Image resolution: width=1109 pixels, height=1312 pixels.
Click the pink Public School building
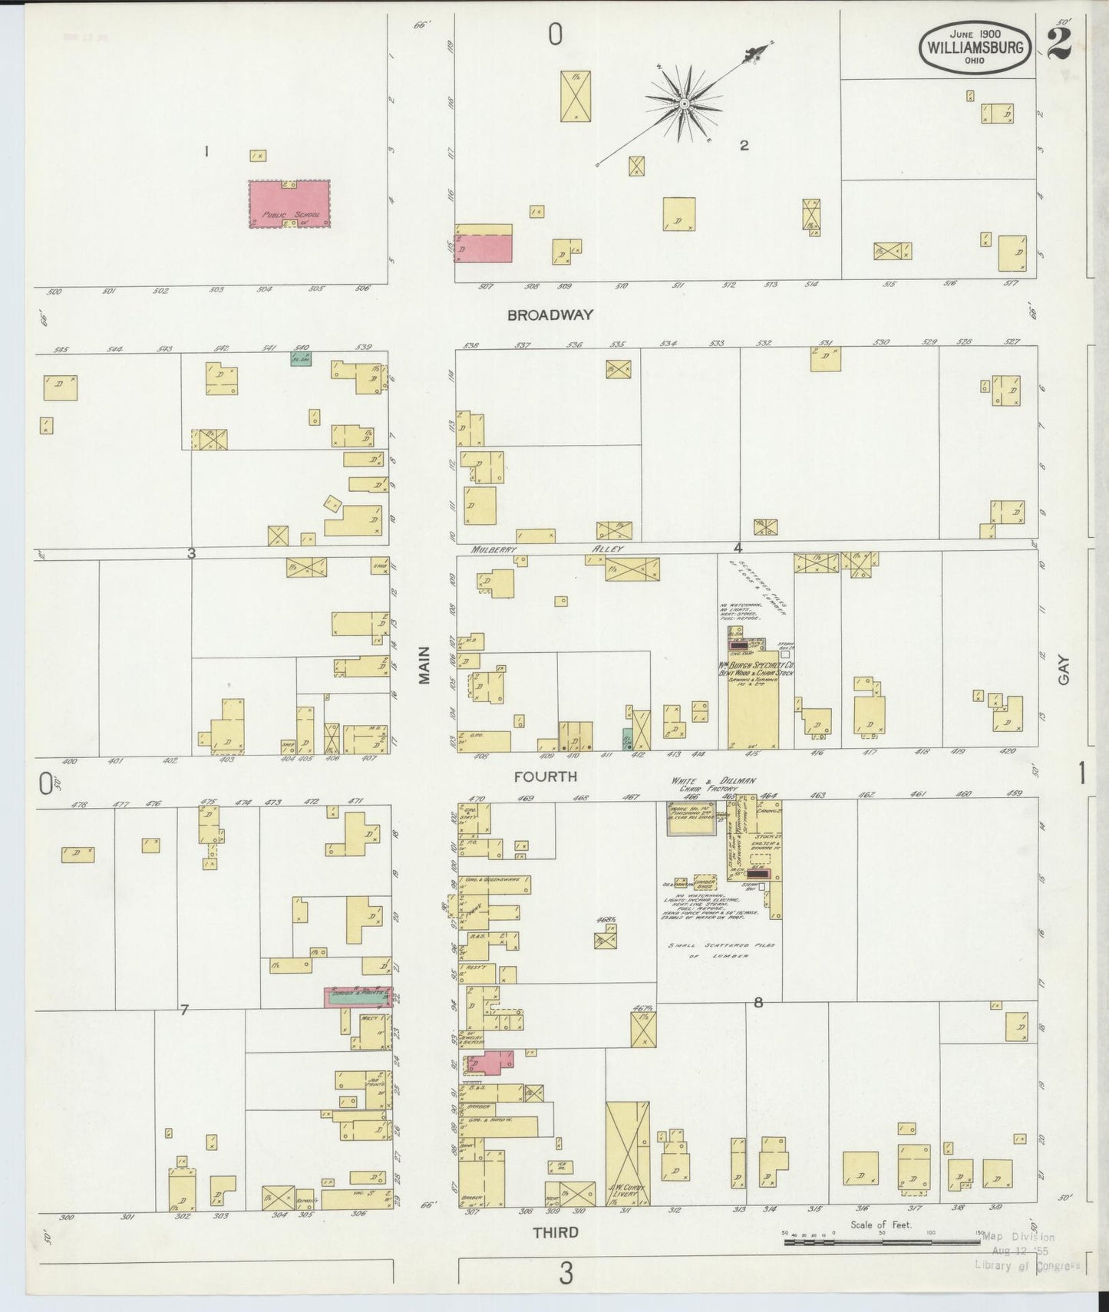[289, 203]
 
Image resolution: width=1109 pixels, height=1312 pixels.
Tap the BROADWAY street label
[550, 315]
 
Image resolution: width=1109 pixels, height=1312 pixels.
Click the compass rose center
[682, 104]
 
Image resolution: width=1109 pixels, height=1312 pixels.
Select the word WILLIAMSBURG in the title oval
[975, 46]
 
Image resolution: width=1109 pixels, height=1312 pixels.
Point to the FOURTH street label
[546, 776]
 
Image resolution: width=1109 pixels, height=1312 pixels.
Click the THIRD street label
[555, 1232]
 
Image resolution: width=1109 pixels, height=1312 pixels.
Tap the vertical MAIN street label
[424, 665]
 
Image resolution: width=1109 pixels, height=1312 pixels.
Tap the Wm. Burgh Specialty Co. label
[755, 667]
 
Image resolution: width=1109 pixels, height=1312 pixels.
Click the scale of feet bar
[881, 1241]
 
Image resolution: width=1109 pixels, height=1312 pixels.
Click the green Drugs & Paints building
[358, 997]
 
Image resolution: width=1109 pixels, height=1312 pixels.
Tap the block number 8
[758, 1002]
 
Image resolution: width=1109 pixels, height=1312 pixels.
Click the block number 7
[183, 1010]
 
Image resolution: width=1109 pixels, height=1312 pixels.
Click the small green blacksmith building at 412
[627, 739]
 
